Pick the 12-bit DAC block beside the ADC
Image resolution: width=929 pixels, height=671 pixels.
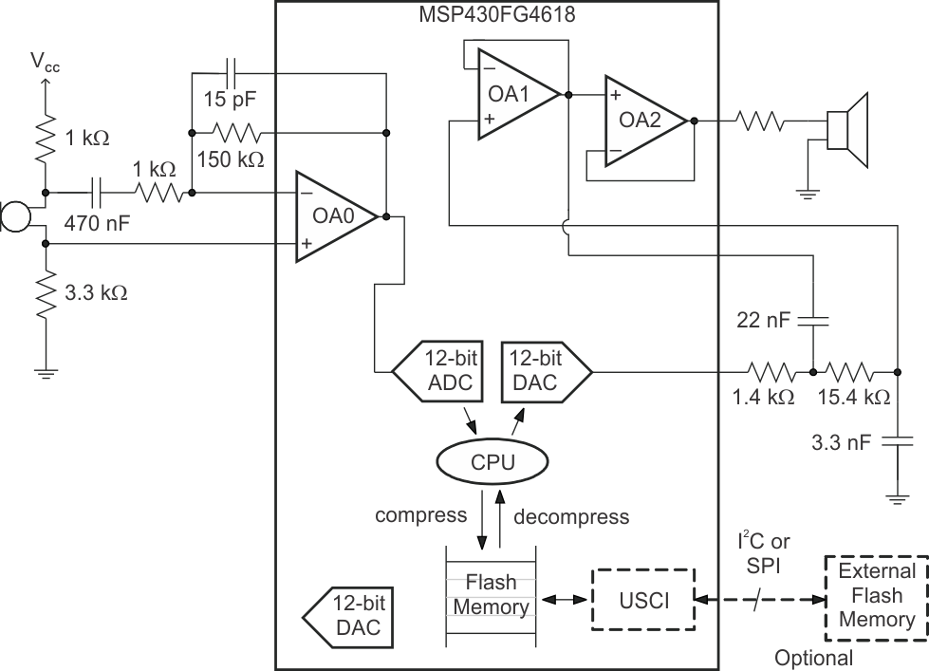(542, 370)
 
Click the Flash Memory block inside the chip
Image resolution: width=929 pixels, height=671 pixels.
(491, 593)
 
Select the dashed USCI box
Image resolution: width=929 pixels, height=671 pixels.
(643, 600)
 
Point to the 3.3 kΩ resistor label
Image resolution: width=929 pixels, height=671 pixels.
(93, 291)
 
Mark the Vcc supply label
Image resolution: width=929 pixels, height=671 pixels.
(43, 62)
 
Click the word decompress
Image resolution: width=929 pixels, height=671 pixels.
(570, 516)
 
